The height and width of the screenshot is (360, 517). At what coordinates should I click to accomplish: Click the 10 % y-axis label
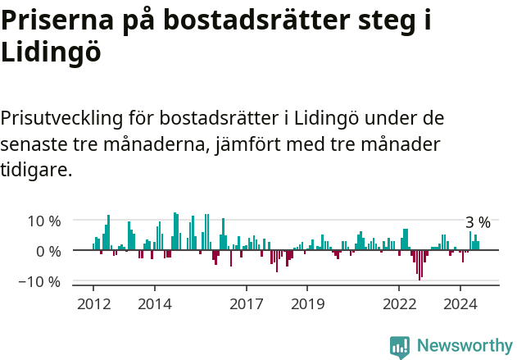(x=44, y=221)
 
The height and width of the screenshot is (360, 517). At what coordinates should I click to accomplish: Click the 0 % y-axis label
(x=48, y=251)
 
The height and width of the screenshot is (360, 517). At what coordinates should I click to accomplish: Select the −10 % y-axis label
(x=42, y=281)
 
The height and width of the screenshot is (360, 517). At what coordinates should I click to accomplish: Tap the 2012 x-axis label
(x=93, y=304)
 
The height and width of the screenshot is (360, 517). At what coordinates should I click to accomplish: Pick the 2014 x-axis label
(x=154, y=304)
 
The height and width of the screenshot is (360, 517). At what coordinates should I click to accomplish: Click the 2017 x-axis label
(x=246, y=304)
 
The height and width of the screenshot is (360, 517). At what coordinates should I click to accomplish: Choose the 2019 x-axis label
(x=307, y=304)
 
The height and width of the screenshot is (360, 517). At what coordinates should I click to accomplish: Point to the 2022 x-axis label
(x=399, y=304)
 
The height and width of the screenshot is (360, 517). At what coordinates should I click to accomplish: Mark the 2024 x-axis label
(x=460, y=304)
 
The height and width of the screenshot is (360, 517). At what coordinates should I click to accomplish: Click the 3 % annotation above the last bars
(x=478, y=222)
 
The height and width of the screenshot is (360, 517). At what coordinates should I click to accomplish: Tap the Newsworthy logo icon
(x=400, y=347)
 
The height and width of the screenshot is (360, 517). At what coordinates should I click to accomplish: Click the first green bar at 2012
(x=93, y=247)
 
